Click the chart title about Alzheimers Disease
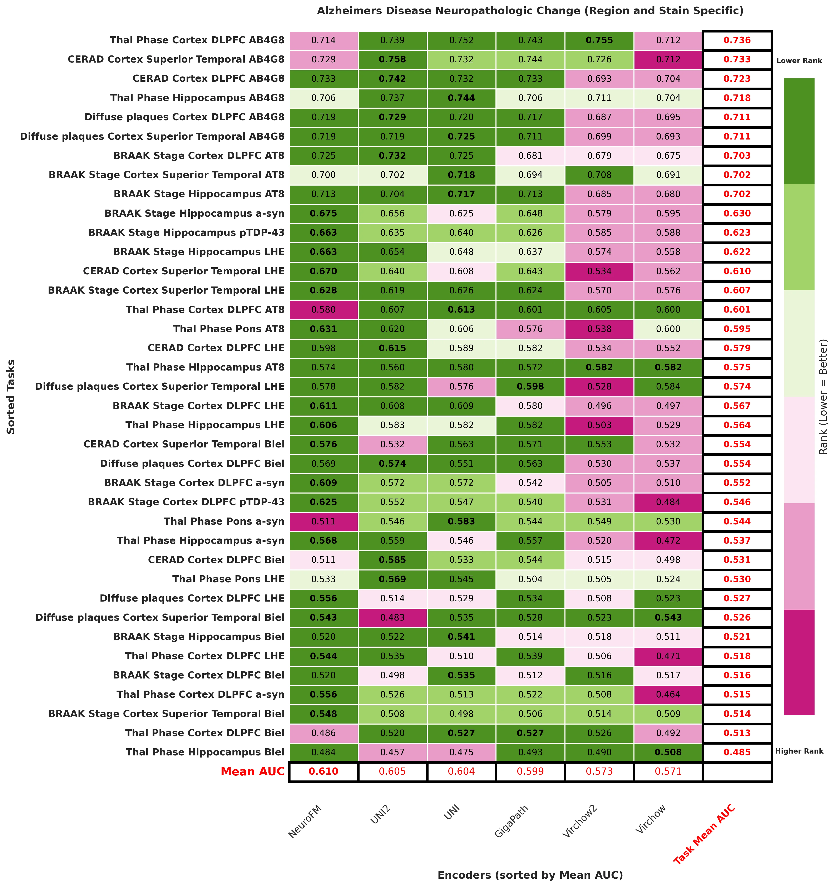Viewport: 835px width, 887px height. (x=530, y=11)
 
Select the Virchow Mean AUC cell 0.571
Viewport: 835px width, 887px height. (x=668, y=771)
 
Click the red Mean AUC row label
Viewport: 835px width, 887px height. (x=252, y=771)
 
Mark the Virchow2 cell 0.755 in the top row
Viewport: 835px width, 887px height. (x=599, y=40)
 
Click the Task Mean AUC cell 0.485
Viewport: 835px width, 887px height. (x=737, y=752)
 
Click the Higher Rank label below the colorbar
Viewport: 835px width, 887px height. (x=799, y=751)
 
